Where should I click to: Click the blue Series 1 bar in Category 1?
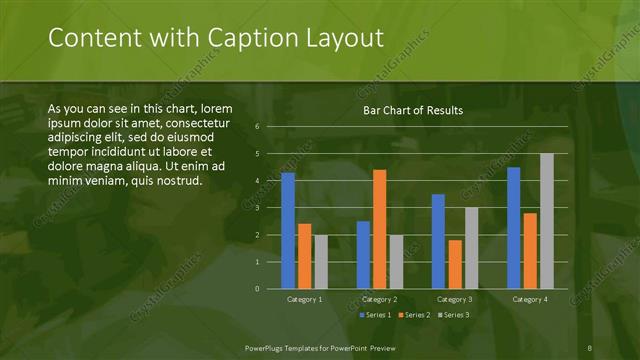pyautogui.click(x=288, y=230)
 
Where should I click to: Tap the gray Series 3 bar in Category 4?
pyautogui.click(x=546, y=221)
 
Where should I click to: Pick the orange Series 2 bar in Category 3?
pyautogui.click(x=455, y=264)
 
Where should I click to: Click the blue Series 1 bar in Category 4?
pyautogui.click(x=513, y=228)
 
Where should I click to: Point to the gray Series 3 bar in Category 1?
pyautogui.click(x=320, y=262)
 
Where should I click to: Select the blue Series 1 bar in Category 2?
pyautogui.click(x=363, y=255)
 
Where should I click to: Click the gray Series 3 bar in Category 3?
pyautogui.click(x=471, y=248)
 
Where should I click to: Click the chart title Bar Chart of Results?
pyautogui.click(x=412, y=110)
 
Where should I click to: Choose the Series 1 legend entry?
pyautogui.click(x=374, y=315)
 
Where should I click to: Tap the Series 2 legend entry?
pyautogui.click(x=413, y=315)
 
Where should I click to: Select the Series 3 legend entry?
pyautogui.click(x=452, y=315)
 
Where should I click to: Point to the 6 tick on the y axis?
pyautogui.click(x=257, y=127)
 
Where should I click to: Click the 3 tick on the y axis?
pyautogui.click(x=257, y=208)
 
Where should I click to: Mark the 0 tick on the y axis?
pyautogui.click(x=257, y=289)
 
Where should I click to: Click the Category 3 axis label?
pyautogui.click(x=455, y=299)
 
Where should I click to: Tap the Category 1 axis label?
pyautogui.click(x=304, y=299)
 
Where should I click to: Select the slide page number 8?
pyautogui.click(x=589, y=347)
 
